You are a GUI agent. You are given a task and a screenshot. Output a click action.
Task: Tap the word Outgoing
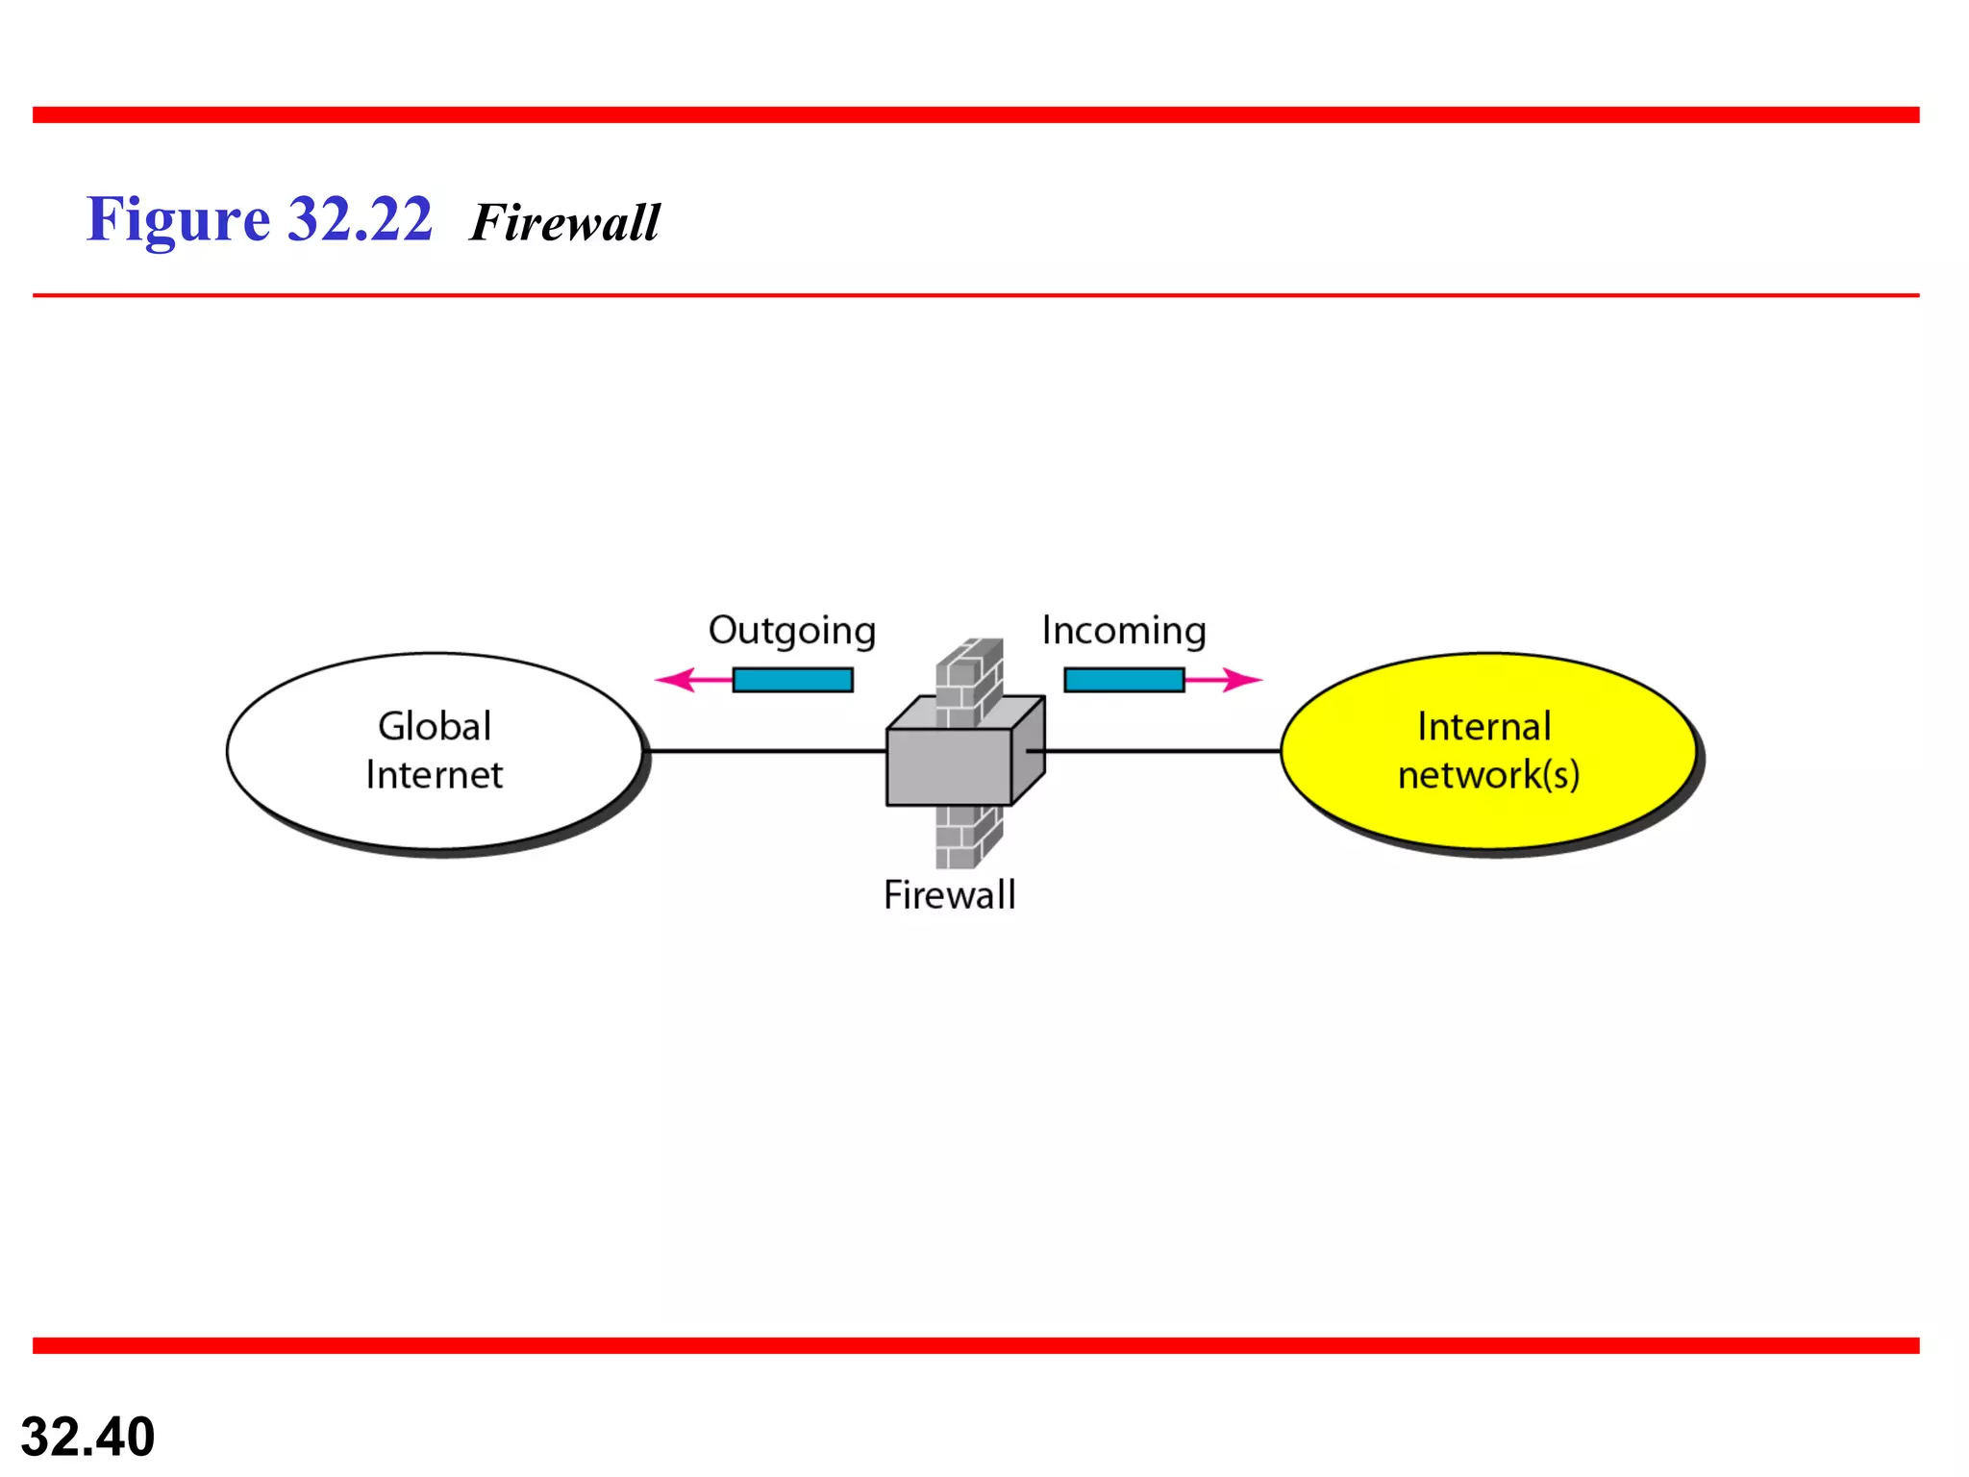tap(792, 631)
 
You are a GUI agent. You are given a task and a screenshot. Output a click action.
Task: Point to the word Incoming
tap(1124, 631)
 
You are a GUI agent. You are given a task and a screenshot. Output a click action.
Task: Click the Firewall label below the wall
tap(949, 895)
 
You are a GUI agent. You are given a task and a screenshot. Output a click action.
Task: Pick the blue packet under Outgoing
tap(792, 680)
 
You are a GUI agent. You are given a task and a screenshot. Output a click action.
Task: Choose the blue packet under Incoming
tap(1124, 680)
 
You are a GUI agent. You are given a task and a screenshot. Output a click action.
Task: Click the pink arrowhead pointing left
tap(673, 680)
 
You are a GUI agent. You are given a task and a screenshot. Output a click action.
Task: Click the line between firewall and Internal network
tap(1163, 751)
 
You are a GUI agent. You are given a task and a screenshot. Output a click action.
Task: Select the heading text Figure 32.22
tap(260, 219)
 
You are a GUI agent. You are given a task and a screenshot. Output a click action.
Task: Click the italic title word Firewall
tap(565, 223)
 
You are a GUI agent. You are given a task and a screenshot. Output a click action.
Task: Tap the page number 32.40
tap(87, 1437)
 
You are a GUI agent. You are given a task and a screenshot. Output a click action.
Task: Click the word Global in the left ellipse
tap(435, 726)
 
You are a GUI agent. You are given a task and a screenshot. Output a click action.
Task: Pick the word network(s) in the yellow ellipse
tap(1488, 775)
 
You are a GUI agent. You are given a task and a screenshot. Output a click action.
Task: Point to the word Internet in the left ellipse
tap(435, 775)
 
